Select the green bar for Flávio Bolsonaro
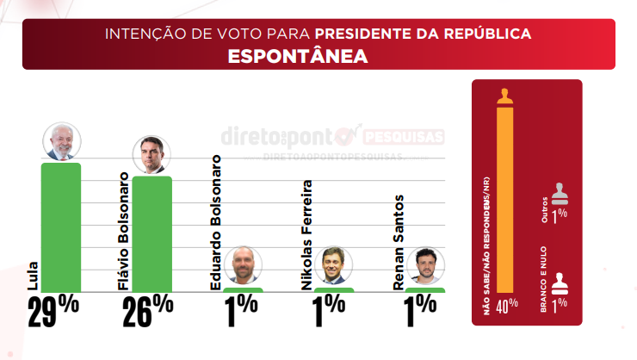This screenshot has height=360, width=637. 152,233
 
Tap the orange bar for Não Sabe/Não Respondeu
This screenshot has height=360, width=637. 505,198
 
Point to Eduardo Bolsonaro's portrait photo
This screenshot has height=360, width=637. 243,266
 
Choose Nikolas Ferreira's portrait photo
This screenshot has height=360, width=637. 333,266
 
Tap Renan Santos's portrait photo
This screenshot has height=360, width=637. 424,266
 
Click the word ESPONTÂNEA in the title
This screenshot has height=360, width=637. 298,56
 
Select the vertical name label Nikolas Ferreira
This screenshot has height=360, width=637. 306,234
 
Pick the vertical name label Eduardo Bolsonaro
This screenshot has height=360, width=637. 216,220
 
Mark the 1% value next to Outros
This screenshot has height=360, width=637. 560,216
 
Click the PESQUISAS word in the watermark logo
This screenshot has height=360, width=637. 404,137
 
